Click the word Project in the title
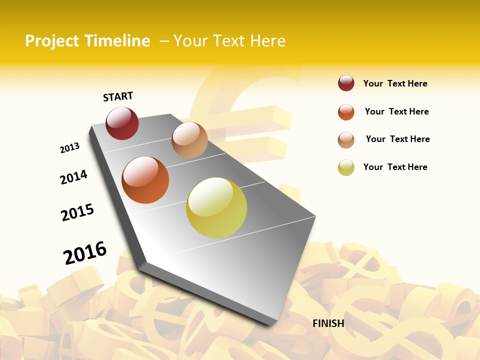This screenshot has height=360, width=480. tap(52, 41)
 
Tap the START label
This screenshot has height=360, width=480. tap(118, 96)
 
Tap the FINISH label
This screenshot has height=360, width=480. tap(328, 323)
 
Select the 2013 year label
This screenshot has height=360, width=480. tap(69, 148)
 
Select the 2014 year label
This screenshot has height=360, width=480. tap(73, 177)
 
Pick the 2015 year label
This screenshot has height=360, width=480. tap(77, 212)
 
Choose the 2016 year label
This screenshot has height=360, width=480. tap(85, 252)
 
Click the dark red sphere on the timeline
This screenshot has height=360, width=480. tap(122, 123)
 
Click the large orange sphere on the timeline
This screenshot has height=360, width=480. tap(145, 180)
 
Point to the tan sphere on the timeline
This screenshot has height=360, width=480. tap(189, 140)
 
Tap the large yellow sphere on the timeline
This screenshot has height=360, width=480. tap(216, 207)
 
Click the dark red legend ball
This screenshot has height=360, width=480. tap(346, 83)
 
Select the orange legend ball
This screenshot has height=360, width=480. tap(346, 112)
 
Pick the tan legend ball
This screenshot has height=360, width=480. tap(346, 140)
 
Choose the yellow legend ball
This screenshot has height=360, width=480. tap(346, 167)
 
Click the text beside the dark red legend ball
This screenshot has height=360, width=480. tap(395, 83)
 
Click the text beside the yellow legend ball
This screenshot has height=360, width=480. tap(395, 167)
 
